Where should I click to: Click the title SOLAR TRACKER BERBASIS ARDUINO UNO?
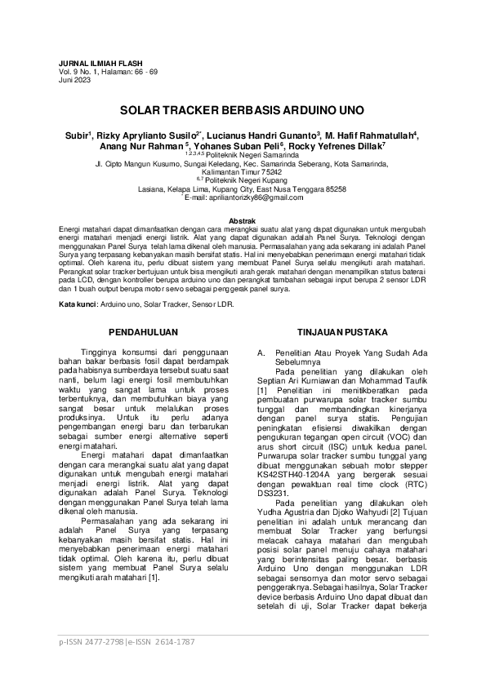coord(242,110)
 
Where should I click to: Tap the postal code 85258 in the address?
coord(331,189)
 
